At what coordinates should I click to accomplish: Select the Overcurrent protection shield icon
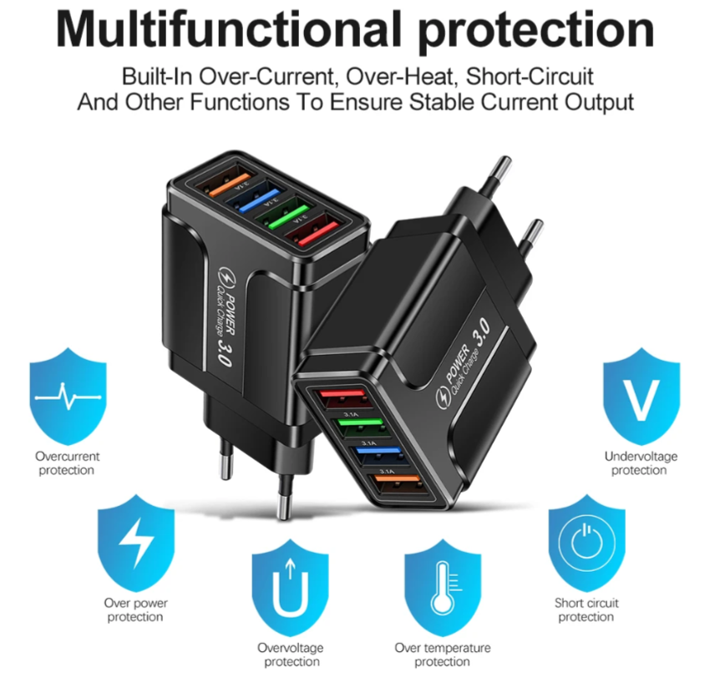click(68, 397)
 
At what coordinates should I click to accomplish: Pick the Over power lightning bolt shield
click(135, 542)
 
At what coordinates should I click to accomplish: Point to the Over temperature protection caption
click(443, 655)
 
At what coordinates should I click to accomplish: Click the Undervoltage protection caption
click(641, 463)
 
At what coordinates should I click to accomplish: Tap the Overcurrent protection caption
click(68, 463)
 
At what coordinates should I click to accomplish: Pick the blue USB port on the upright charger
click(259, 199)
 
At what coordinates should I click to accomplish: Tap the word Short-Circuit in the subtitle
click(530, 77)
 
